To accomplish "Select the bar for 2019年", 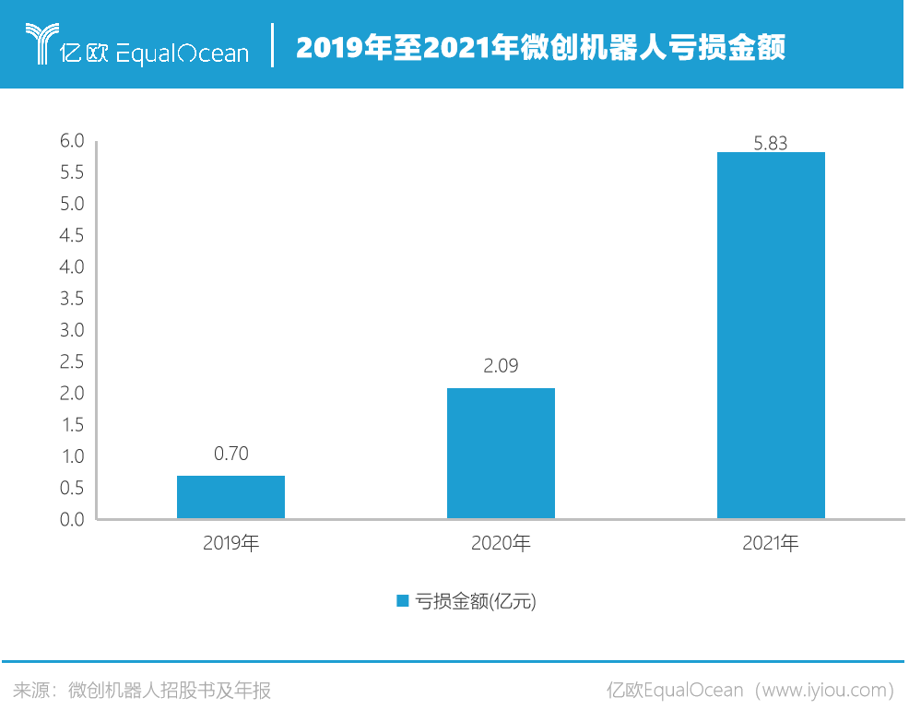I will (x=230, y=497).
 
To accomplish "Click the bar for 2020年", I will (x=501, y=454).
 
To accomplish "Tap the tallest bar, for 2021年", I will (x=771, y=336).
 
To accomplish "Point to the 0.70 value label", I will (x=230, y=454).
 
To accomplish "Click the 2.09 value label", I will (x=501, y=366).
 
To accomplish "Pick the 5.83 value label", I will (x=771, y=143).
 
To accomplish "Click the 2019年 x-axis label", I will (x=230, y=544).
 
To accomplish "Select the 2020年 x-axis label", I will (x=501, y=544).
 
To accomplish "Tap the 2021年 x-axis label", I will (x=771, y=544).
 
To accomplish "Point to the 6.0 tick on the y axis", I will (x=72, y=141).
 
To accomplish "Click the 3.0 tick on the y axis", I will (x=72, y=330).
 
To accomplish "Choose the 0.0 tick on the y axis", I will (x=72, y=519).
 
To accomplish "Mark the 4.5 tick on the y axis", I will (x=72, y=236).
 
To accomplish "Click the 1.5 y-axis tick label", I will (x=72, y=425).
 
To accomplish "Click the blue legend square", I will (x=402, y=601).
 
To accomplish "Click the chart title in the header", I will (x=540, y=47).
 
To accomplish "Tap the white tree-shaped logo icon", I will (x=39, y=44).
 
